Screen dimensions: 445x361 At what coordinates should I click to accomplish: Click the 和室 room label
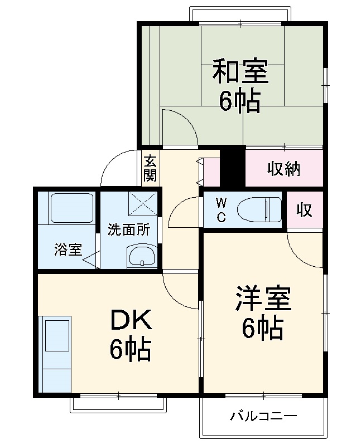pos(240,72)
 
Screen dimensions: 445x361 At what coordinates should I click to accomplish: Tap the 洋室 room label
pos(262,300)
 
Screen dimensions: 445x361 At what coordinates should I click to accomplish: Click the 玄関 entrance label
pos(150,168)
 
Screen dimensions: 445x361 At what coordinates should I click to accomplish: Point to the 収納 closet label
pos(283,168)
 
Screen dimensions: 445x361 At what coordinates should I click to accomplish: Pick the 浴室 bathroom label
pos(68,250)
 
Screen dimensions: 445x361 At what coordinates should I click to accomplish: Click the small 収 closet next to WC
pos(304,211)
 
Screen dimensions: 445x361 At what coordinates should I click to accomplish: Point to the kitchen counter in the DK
pos(57,354)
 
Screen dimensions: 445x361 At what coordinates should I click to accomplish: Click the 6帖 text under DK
pos(129,349)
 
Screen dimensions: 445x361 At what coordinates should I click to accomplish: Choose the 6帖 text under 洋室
pos(262,329)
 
